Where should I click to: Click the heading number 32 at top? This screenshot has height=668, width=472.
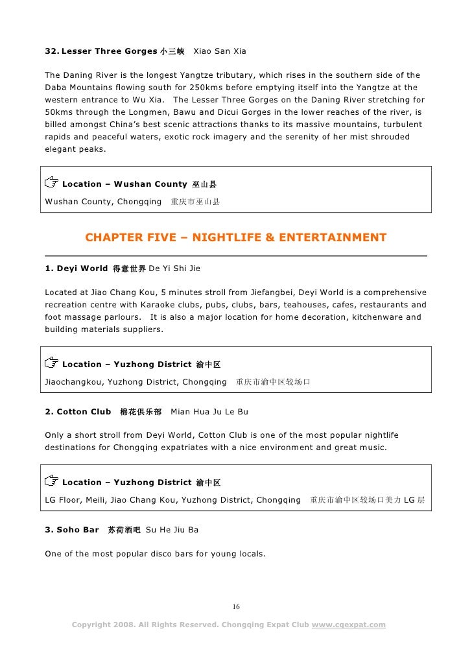(x=51, y=51)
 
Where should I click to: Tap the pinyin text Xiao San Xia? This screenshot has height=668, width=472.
(x=220, y=51)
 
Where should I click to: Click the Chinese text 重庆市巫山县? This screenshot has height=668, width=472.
(x=195, y=202)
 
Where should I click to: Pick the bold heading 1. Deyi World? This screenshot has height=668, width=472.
(x=76, y=268)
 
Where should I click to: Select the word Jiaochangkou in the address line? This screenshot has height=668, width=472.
(x=72, y=382)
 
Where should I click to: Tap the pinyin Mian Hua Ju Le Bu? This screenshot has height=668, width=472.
(x=209, y=412)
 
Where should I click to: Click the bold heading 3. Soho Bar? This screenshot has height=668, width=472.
(x=72, y=530)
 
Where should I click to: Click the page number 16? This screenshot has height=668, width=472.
(x=236, y=607)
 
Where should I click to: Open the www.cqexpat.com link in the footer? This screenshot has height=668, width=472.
(x=349, y=625)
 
